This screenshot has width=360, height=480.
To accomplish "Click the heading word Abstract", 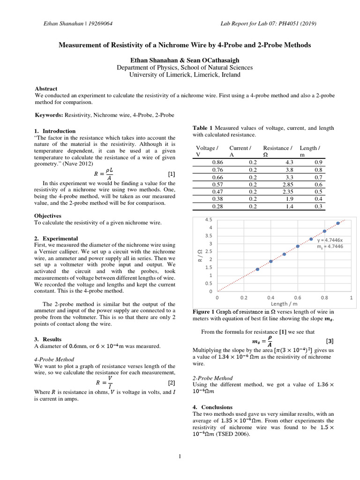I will click(x=46, y=89).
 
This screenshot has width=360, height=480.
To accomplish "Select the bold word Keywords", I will click(x=49, y=115).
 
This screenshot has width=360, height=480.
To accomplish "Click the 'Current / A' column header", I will click(x=240, y=151).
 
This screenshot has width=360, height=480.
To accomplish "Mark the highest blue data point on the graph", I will click(x=338, y=223).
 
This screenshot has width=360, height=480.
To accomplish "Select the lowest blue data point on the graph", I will click(x=257, y=269).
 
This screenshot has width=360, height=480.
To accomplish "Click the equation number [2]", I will click(x=171, y=383).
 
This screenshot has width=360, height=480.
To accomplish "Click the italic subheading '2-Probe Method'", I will click(x=212, y=378).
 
